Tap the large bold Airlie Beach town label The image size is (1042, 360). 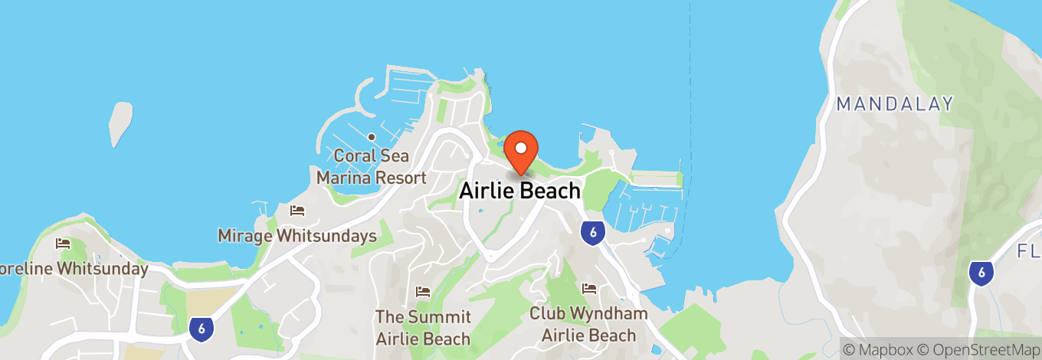click(x=519, y=191)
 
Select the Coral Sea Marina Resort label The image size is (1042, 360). click(x=372, y=167)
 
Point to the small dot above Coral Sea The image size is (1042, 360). click(x=371, y=137)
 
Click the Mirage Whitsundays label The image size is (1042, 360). click(x=297, y=235)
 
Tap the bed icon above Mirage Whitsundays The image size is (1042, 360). click(x=297, y=210)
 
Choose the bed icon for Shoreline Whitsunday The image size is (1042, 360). click(x=63, y=244)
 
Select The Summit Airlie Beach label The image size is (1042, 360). click(x=422, y=327)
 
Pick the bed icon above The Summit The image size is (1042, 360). click(x=422, y=292)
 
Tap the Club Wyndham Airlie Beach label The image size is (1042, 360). click(x=588, y=324)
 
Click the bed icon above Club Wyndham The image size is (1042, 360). click(x=588, y=289)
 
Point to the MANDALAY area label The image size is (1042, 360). click(x=895, y=104)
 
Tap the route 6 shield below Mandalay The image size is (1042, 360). click(x=981, y=272)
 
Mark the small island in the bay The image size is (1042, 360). click(x=118, y=123)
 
